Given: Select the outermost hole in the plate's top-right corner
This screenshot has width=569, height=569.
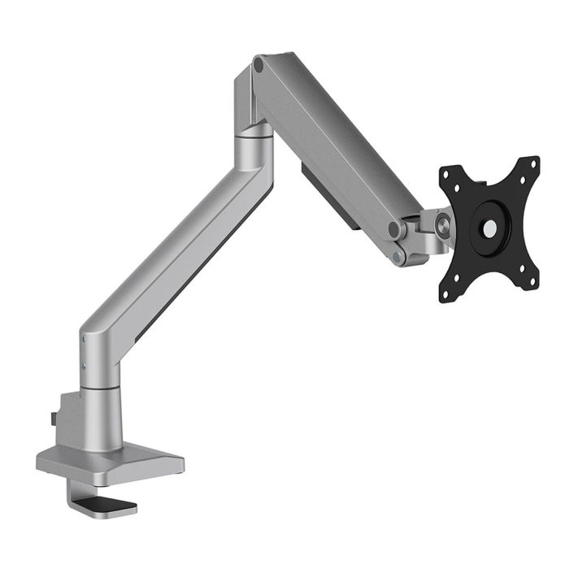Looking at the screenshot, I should tap(533, 163).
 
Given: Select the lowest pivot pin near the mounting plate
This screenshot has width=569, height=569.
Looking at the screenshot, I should tap(398, 257).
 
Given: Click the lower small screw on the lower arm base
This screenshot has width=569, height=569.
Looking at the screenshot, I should tap(84, 367).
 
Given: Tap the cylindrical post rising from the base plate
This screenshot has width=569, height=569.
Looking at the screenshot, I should tap(102, 415).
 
